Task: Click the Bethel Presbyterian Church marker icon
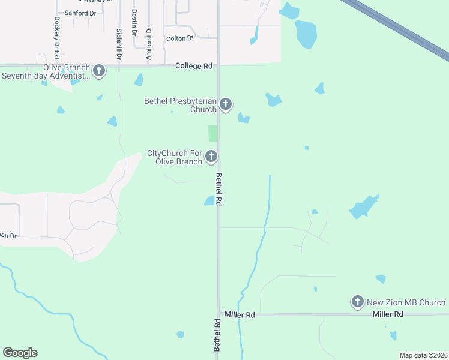(226, 104)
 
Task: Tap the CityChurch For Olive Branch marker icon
(211, 157)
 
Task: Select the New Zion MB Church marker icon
(358, 301)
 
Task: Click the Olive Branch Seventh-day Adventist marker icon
(99, 71)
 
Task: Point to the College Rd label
(194, 66)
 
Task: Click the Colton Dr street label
(180, 38)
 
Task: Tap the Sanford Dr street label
(80, 13)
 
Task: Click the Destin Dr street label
(134, 22)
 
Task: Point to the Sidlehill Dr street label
(119, 43)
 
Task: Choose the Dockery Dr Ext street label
(57, 37)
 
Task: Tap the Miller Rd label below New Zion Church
(387, 314)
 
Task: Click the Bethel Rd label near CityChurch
(219, 190)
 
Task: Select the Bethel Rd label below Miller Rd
(218, 335)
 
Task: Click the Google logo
(20, 353)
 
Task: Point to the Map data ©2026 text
(423, 355)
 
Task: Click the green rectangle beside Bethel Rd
(212, 134)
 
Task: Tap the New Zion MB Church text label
(406, 302)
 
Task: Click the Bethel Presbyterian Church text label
(180, 105)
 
